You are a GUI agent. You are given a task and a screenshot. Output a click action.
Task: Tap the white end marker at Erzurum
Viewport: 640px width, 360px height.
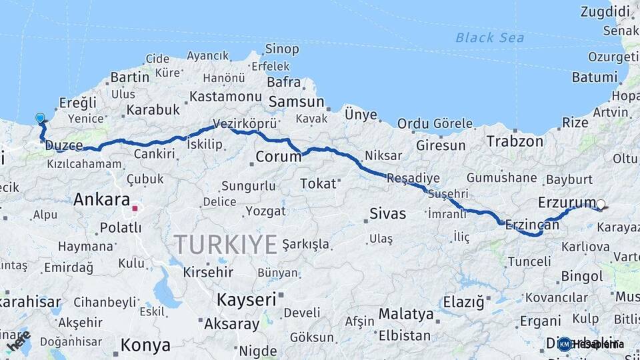601,205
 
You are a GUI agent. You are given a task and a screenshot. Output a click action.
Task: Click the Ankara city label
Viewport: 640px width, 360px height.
101,199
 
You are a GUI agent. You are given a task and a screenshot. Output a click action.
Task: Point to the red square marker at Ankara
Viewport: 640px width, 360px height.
135,209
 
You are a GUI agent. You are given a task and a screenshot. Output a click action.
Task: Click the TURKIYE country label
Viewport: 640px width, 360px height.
226,245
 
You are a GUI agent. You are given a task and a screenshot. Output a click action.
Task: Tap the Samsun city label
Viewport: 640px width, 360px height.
296,102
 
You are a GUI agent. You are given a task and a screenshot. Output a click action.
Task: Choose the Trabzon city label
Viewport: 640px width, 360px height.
515,141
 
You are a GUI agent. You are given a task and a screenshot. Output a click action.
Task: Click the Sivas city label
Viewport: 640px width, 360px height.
387,214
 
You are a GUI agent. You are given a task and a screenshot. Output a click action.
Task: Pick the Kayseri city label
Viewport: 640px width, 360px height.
246,300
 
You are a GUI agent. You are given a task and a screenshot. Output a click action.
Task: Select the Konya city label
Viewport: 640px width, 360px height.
145,345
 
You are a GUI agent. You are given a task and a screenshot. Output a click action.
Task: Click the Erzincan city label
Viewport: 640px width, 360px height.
532,225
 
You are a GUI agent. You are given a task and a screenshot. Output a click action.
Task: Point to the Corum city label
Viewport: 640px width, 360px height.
277,158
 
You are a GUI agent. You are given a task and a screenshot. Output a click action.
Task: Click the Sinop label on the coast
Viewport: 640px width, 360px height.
282,49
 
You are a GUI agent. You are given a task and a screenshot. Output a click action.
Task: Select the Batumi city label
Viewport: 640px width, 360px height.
595,77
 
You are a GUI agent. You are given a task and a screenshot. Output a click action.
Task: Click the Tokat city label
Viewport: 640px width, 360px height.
318,183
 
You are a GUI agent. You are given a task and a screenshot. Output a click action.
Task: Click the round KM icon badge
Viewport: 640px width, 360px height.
565,344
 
